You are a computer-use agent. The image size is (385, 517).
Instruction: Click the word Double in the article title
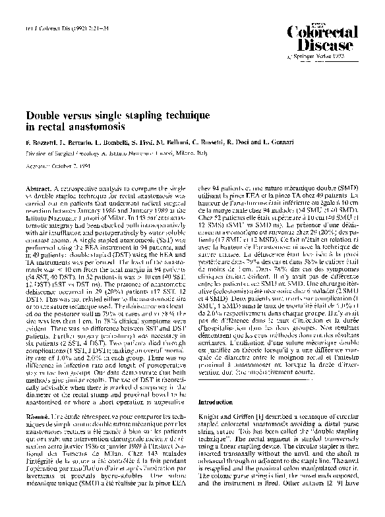(44, 115)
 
